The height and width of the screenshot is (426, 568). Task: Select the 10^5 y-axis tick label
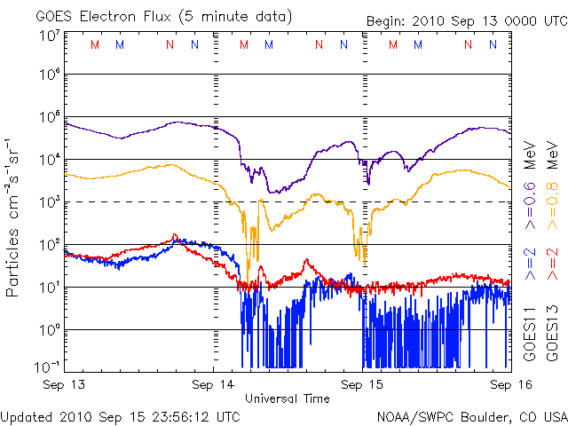pyautogui.click(x=49, y=118)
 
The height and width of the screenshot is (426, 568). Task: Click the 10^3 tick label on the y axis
pyautogui.click(x=49, y=203)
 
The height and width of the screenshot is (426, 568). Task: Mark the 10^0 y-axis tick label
pyautogui.click(x=49, y=331)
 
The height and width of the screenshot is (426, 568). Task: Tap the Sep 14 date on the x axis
pyautogui.click(x=214, y=384)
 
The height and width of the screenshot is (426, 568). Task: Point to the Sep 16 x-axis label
pyautogui.click(x=507, y=384)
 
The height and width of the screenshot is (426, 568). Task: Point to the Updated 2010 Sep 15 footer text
pyautogui.click(x=121, y=415)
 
